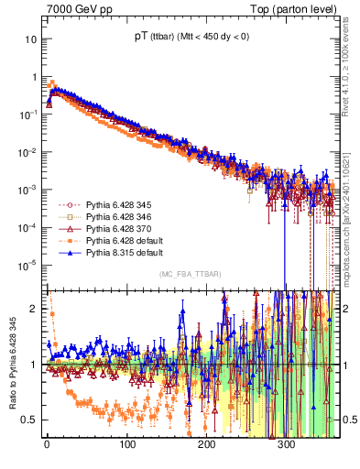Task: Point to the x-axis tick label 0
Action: pyautogui.click(x=47, y=444)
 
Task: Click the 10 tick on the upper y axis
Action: pyautogui.click(x=30, y=39)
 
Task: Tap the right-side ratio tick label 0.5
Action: pyautogui.click(x=349, y=420)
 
